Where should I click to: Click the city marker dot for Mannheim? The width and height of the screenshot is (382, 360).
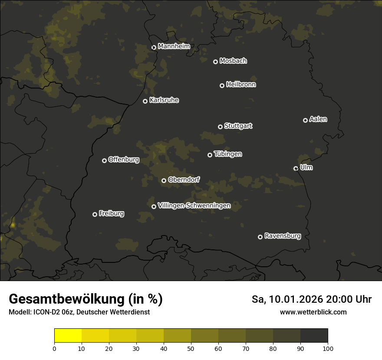154,48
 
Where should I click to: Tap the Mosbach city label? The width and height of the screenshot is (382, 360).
233,61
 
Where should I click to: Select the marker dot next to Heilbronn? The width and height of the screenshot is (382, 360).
222,85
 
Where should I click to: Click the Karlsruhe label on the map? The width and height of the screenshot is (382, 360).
164,100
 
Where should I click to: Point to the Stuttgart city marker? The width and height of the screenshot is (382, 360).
220,127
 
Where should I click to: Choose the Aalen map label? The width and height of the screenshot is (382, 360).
318,119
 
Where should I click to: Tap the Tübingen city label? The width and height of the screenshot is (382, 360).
228,154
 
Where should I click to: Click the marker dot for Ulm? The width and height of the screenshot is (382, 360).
296,168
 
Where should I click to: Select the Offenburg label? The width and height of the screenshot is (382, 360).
124,160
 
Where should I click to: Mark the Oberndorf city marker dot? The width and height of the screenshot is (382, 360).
164,180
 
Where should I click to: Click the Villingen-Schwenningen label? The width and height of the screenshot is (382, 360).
194,206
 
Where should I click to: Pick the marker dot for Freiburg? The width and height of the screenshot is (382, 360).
95,214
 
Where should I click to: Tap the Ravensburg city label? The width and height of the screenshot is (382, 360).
283,236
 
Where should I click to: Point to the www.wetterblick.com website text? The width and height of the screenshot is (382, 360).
313,312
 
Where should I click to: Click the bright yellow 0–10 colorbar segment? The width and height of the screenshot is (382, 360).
68,336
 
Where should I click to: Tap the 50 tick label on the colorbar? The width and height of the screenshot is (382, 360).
191,348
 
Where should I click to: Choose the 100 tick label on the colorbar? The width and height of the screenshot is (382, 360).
328,348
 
